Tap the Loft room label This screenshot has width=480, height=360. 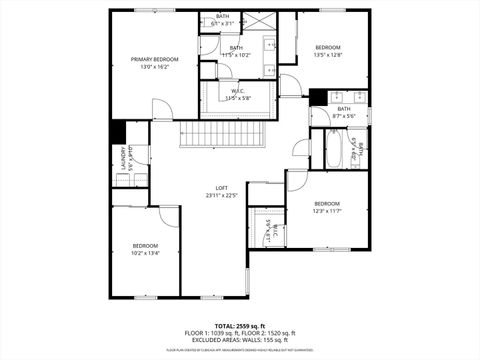222,188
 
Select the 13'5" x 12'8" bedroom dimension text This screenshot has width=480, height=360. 328,56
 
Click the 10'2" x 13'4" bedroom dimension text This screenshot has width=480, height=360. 146,253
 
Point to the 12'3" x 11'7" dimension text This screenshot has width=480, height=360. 327,211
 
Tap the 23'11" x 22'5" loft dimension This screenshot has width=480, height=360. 222,196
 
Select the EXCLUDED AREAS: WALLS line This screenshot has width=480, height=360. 240,341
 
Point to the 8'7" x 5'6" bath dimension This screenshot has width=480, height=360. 343,116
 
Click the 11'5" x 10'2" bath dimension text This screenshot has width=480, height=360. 236,55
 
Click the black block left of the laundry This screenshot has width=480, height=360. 117,132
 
